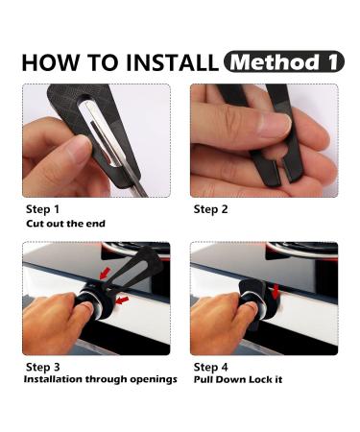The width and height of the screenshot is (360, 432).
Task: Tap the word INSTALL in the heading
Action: [x=173, y=62]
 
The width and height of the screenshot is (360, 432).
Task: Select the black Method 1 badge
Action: [x=284, y=61]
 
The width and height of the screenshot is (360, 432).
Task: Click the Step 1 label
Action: [x=42, y=209]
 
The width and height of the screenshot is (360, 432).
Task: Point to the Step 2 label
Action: [x=210, y=209]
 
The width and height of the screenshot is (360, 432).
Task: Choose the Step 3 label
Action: [x=42, y=367]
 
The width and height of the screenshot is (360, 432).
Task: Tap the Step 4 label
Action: [x=210, y=367]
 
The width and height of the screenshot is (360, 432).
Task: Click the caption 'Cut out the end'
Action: [x=65, y=224]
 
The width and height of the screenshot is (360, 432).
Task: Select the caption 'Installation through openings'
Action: [x=101, y=379]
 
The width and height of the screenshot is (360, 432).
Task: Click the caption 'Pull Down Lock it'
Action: [x=238, y=379]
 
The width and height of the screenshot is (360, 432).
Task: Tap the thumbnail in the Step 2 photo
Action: [x=275, y=125]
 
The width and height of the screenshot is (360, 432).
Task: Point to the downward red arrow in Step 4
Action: [x=276, y=291]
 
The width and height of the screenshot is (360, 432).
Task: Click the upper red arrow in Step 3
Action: [x=105, y=273]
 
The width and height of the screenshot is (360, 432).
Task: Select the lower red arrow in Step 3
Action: [x=122, y=300]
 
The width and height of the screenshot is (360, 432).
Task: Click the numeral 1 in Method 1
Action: [x=333, y=61]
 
